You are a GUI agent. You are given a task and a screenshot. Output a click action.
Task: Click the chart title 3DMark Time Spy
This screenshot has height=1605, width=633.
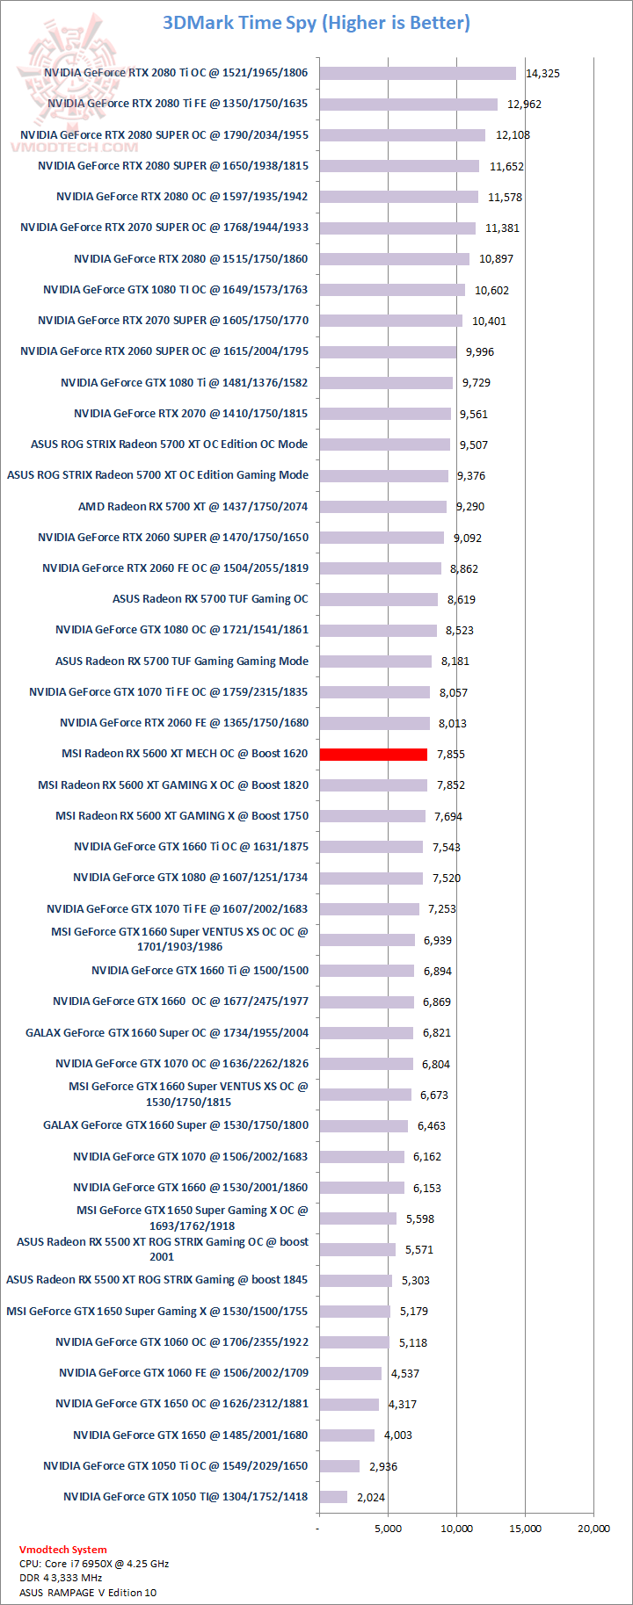(316, 23)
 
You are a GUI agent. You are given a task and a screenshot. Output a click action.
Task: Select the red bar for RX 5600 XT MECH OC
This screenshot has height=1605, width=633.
(373, 754)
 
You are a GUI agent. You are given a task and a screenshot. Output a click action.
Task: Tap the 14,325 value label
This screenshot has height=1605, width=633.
(542, 74)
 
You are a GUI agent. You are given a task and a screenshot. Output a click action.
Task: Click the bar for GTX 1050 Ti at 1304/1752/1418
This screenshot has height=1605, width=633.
(333, 1497)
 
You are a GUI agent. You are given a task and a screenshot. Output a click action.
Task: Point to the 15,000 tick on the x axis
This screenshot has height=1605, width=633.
(526, 1529)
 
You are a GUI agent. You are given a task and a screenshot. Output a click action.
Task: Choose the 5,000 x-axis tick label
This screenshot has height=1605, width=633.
(388, 1529)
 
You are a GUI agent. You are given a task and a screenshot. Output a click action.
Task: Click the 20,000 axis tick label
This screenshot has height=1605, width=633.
(593, 1529)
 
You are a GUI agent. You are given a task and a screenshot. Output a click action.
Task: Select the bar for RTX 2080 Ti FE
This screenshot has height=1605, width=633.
(408, 105)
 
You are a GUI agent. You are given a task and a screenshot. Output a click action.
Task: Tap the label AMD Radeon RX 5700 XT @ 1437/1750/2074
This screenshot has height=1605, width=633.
(193, 507)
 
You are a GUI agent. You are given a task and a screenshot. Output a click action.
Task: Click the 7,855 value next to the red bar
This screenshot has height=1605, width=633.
(451, 755)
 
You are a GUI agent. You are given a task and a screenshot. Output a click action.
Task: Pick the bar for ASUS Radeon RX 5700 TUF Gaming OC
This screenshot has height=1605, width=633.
(378, 599)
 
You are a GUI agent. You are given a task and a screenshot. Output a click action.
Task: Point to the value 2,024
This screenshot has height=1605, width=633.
(371, 1498)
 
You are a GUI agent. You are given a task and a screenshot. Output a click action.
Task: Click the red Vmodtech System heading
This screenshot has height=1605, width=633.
(63, 1550)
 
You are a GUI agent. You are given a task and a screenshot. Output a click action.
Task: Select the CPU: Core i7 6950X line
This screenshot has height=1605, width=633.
(94, 1564)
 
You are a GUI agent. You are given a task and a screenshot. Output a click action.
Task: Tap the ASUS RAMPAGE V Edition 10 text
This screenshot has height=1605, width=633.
(88, 1592)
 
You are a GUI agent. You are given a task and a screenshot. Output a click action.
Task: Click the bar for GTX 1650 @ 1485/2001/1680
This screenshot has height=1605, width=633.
(346, 1435)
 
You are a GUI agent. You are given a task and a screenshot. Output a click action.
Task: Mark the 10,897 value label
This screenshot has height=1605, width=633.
(496, 259)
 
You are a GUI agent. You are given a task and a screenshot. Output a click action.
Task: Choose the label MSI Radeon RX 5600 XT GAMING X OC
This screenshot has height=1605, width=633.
(173, 785)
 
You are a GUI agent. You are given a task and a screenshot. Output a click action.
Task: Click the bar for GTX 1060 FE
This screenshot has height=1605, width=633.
(350, 1373)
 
